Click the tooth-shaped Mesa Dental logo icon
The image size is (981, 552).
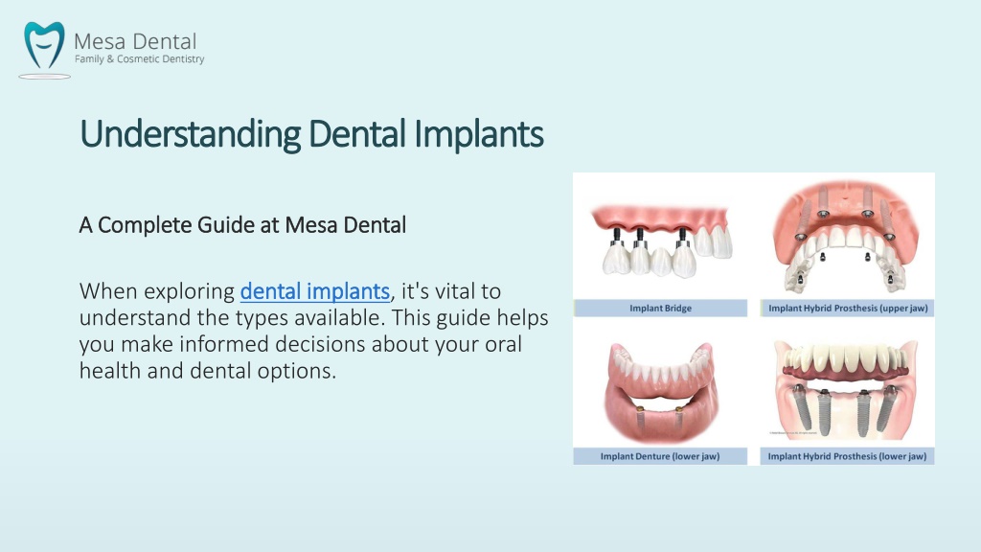click(x=44, y=46)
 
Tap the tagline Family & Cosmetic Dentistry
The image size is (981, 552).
click(x=140, y=58)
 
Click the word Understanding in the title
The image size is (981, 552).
click(x=191, y=134)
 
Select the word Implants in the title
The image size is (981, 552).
click(x=479, y=134)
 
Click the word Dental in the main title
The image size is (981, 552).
click(x=357, y=133)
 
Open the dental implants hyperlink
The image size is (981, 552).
click(x=314, y=291)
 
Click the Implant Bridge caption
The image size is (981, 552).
click(x=661, y=308)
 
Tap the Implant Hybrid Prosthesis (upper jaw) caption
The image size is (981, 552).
click(x=848, y=308)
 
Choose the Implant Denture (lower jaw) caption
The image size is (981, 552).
click(x=660, y=456)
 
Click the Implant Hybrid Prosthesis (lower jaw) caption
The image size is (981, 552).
click(x=847, y=456)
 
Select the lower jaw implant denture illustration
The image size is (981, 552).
click(x=660, y=392)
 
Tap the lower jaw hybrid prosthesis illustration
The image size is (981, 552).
click(x=847, y=388)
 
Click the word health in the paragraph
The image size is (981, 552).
click(x=110, y=371)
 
